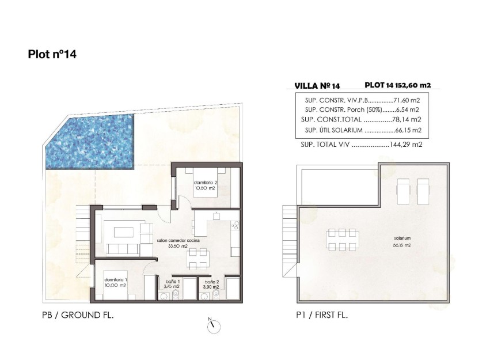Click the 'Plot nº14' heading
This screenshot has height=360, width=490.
coord(52,55)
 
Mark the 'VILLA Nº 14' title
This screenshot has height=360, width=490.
coord(317,85)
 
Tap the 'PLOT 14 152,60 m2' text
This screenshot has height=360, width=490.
coord(397,85)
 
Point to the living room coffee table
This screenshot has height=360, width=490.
coord(124,232)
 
